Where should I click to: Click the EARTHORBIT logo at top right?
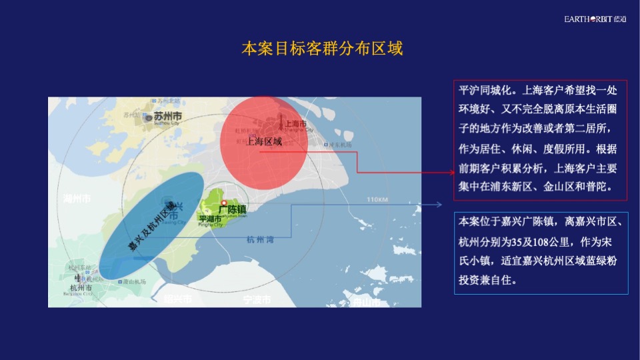tap(595, 19)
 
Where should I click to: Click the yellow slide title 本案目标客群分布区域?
tap(322, 49)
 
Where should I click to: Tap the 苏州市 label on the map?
tap(168, 115)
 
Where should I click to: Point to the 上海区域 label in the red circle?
tap(264, 142)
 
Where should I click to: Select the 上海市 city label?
tap(295, 124)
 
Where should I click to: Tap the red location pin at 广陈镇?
tap(225, 203)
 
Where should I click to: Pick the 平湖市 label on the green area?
tap(210, 219)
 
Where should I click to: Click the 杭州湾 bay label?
tap(259, 240)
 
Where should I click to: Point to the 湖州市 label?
tap(77, 199)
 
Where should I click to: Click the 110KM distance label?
tap(377, 200)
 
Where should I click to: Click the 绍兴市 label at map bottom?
tap(177, 299)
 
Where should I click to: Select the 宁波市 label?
tap(257, 299)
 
